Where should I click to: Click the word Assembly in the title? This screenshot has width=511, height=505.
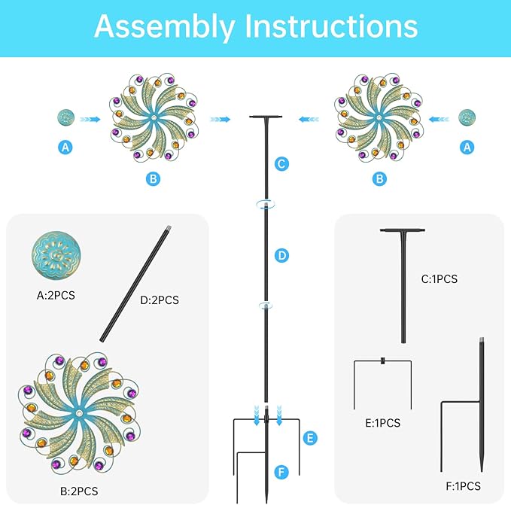[x=162, y=26]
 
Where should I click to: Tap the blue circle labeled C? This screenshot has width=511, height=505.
[x=281, y=163]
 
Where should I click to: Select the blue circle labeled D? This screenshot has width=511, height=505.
[x=281, y=256]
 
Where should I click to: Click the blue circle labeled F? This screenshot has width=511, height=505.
[x=281, y=473]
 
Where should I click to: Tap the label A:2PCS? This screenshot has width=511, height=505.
[x=56, y=296]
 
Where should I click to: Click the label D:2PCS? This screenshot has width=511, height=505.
[x=159, y=300]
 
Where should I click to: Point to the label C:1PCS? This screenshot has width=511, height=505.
[x=439, y=279]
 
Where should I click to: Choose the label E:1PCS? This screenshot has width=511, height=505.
[x=383, y=423]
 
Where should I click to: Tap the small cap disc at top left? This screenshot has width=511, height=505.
[x=66, y=118]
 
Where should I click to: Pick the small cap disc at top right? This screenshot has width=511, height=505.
[x=468, y=118]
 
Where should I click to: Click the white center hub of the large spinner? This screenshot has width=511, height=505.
[x=79, y=413]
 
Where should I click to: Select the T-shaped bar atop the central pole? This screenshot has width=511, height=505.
[x=266, y=118]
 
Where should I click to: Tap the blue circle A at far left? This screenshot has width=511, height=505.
[x=66, y=148]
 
